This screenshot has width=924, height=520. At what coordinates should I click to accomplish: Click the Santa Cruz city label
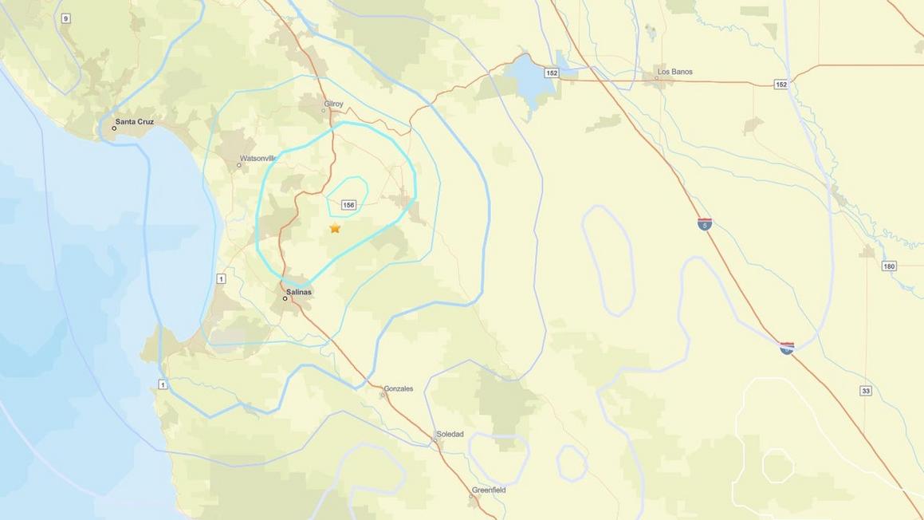[134, 122]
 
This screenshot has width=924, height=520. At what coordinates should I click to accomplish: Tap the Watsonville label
[257, 157]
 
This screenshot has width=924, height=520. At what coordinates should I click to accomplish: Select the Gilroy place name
[333, 103]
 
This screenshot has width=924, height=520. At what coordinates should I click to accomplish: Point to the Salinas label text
[298, 292]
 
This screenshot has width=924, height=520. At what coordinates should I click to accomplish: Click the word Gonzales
[398, 388]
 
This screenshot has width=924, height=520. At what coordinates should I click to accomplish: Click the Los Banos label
[674, 72]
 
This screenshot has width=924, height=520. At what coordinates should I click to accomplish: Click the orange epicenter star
[335, 228]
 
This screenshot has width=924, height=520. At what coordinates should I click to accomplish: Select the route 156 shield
[348, 205]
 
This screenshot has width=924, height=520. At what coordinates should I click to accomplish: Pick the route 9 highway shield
[65, 18]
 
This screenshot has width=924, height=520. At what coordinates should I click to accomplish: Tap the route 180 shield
[889, 266]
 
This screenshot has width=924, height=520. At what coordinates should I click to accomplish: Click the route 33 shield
[866, 390]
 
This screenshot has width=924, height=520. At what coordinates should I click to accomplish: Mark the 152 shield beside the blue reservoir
[552, 73]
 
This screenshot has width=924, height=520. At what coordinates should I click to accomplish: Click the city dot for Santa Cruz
[114, 128]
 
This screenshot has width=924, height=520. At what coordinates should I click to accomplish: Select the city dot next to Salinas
[285, 298]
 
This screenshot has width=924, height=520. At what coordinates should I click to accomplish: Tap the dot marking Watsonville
[238, 165]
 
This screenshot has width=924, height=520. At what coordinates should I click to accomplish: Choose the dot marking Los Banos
[658, 78]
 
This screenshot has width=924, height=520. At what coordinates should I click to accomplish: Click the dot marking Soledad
[437, 440]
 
